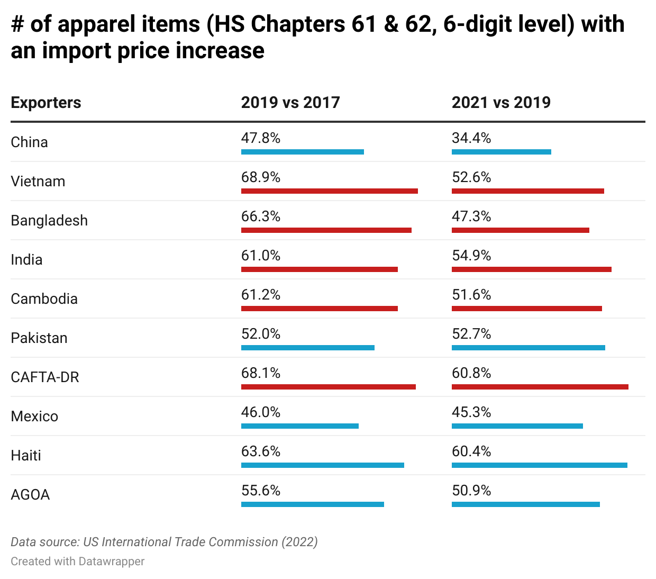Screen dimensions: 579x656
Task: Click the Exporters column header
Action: point(46,102)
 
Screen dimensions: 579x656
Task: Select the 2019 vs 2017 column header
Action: point(290,102)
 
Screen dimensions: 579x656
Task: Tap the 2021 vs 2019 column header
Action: point(501,102)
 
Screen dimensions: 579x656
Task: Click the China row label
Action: point(30,142)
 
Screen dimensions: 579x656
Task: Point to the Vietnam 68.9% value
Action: point(261,177)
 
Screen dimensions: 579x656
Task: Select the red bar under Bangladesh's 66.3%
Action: point(326,230)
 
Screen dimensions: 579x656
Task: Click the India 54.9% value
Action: point(471,256)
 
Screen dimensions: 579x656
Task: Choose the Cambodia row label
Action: point(44,298)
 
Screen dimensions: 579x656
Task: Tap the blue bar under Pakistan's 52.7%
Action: point(528,348)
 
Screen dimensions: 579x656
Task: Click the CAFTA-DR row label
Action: point(45,377)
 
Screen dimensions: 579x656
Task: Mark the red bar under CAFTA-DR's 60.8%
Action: point(540,387)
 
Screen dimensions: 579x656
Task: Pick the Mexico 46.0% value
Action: point(261,412)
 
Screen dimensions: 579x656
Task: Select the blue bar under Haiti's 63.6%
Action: point(322,465)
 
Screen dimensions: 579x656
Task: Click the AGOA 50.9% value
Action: point(471,491)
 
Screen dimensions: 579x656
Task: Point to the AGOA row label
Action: point(30,494)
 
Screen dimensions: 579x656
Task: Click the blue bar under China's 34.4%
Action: point(501,152)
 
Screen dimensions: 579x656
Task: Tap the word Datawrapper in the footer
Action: point(111,561)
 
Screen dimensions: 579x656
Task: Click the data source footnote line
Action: point(164,542)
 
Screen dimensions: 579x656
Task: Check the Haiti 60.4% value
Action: point(471,451)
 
